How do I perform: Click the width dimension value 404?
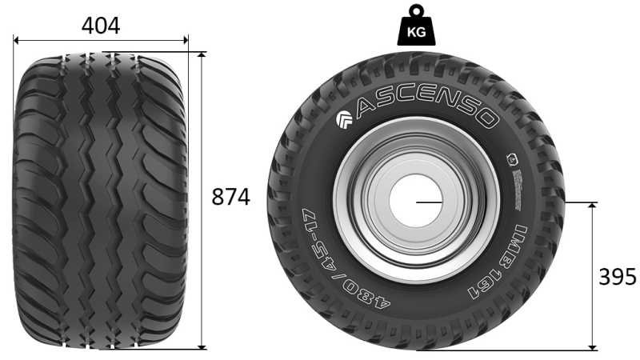click(x=101, y=26)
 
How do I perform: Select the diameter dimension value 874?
click(x=230, y=197)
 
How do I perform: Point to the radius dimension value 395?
click(x=618, y=277)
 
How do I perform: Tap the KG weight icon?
click(x=415, y=26)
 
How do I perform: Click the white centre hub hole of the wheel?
click(x=416, y=202)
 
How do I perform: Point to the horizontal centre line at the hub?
click(x=427, y=202)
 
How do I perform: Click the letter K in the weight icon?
click(x=410, y=33)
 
